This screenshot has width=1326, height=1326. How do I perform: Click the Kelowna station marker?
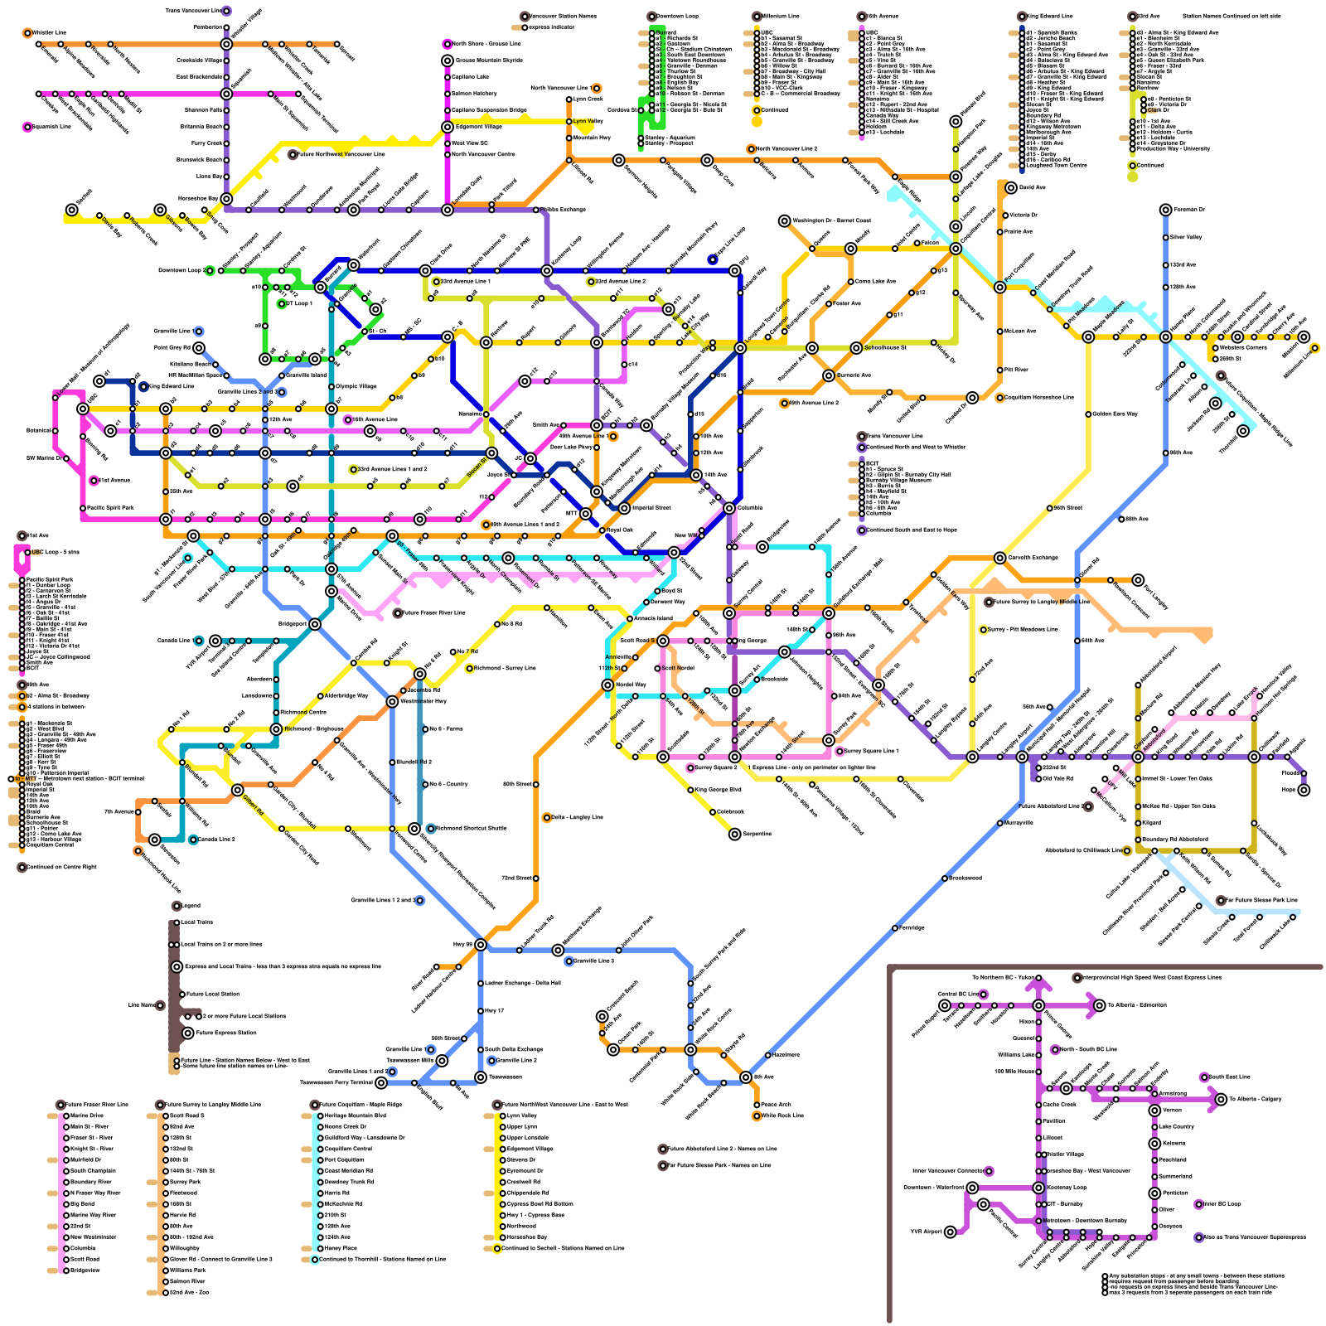click(1154, 1144)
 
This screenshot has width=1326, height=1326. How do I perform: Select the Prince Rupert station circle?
click(945, 1005)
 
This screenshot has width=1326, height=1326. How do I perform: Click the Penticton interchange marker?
click(1154, 1193)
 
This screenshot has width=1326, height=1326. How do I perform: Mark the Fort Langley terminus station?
click(1138, 580)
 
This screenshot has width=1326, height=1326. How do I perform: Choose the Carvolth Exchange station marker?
click(999, 558)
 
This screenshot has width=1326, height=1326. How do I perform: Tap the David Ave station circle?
click(1011, 188)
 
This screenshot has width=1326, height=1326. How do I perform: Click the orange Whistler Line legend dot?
click(27, 33)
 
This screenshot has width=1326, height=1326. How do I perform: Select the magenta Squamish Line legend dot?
click(27, 127)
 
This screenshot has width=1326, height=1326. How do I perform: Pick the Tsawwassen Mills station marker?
click(442, 1061)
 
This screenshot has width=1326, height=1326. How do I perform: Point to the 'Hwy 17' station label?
click(495, 1011)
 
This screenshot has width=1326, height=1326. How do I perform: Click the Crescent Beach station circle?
click(602, 1016)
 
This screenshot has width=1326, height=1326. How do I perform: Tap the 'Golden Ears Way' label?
click(1115, 414)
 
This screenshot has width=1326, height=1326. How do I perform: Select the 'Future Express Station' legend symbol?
click(188, 1033)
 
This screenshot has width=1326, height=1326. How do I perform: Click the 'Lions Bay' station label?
click(210, 177)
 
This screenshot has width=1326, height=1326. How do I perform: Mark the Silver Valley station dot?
click(1165, 238)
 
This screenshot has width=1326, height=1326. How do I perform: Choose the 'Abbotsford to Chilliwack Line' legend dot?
click(1127, 850)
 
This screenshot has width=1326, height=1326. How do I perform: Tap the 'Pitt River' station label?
click(1017, 370)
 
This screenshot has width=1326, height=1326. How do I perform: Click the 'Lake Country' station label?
click(1177, 1127)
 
